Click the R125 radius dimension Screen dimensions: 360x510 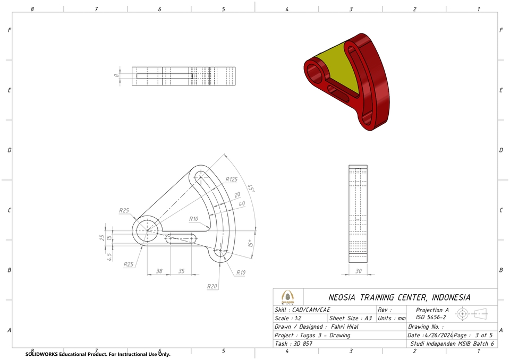tap(231, 179)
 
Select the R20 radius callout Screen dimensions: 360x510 tap(212, 286)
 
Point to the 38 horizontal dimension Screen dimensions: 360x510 tap(159, 271)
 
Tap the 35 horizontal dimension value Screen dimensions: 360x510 tap(181, 271)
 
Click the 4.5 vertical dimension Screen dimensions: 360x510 tap(109, 256)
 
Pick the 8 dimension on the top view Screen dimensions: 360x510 tap(116, 76)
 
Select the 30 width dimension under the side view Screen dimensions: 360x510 tap(358, 271)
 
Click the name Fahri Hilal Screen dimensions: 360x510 tap(344, 327)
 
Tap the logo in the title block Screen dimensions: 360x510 tap(287, 297)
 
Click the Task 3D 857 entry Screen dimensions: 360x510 tap(293, 344)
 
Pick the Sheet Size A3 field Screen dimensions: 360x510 tap(351, 319)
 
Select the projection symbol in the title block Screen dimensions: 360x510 tap(472, 314)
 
